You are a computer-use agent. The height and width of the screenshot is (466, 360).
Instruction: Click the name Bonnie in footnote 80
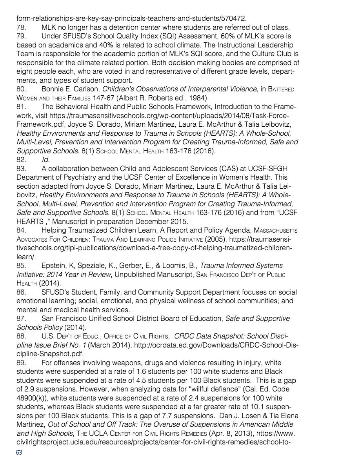coord(53,89)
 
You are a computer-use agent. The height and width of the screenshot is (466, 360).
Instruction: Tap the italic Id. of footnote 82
coord(45,159)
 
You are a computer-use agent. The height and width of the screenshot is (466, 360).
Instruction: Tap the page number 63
coord(19,453)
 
